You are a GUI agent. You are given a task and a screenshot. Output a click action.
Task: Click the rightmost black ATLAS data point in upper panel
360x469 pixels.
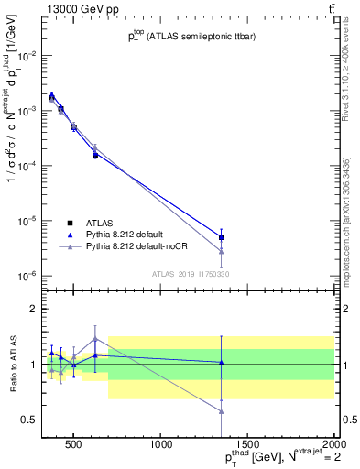click(222, 237)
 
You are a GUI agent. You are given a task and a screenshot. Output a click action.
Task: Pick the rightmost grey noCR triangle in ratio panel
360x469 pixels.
click(222, 410)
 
